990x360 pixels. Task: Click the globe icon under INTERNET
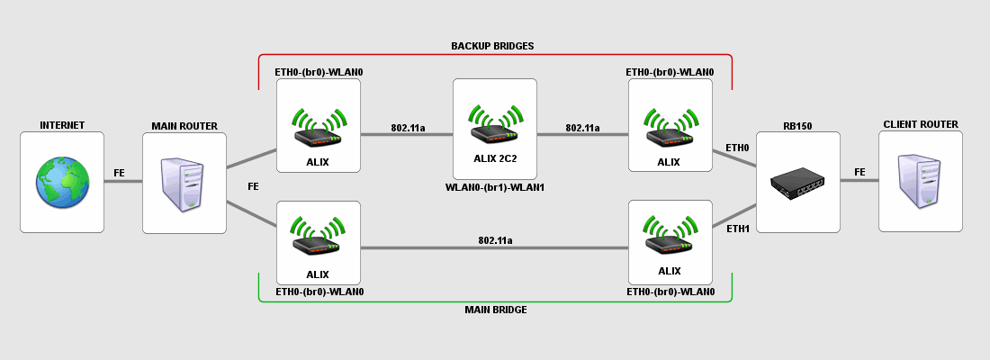(61, 182)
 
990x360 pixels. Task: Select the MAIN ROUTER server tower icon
(184, 184)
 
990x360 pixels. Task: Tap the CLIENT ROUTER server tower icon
(920, 182)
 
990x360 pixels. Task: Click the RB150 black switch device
(797, 184)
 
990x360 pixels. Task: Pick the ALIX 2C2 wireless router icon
(494, 124)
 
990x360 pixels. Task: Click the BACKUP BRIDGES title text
(493, 45)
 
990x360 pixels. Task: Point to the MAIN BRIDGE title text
(495, 310)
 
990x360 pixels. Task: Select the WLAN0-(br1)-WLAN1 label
(495, 187)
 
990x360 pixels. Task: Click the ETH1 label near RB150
(737, 229)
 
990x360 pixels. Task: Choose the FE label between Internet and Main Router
(119, 172)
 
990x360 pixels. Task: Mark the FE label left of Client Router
(859, 172)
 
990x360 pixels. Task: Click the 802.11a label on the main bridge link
(495, 240)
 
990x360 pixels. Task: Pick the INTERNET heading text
(61, 125)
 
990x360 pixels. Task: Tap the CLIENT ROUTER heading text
(920, 124)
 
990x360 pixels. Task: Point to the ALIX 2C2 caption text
(495, 157)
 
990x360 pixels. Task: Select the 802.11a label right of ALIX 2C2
(582, 128)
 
